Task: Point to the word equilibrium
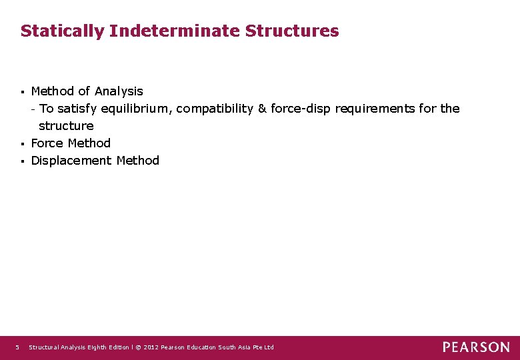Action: pos(135,108)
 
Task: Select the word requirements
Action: pos(375,108)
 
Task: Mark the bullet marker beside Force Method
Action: pos(23,143)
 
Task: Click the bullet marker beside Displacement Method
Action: pos(23,161)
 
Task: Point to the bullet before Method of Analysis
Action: pos(23,91)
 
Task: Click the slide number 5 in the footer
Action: pos(18,347)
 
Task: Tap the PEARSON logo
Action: pos(476,347)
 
